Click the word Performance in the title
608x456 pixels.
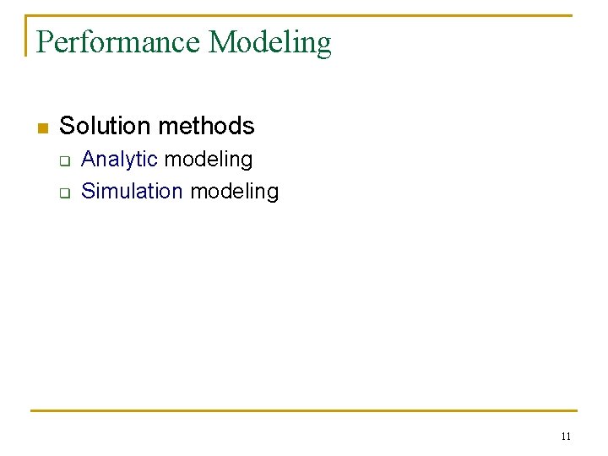point(119,41)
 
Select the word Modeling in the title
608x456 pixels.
point(270,42)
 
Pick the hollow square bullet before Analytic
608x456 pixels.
point(63,160)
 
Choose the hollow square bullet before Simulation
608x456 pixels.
point(63,193)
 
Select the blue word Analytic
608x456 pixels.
point(119,160)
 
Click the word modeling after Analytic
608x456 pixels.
point(209,160)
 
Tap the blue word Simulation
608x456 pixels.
point(132,191)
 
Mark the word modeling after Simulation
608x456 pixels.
point(234,192)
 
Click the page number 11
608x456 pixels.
point(565,437)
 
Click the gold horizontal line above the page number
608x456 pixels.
point(304,411)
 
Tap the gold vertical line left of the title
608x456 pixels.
point(26,35)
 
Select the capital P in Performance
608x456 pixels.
point(45,41)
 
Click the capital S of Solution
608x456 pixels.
point(67,126)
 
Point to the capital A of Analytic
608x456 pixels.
point(88,160)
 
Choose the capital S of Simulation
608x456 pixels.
point(87,191)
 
